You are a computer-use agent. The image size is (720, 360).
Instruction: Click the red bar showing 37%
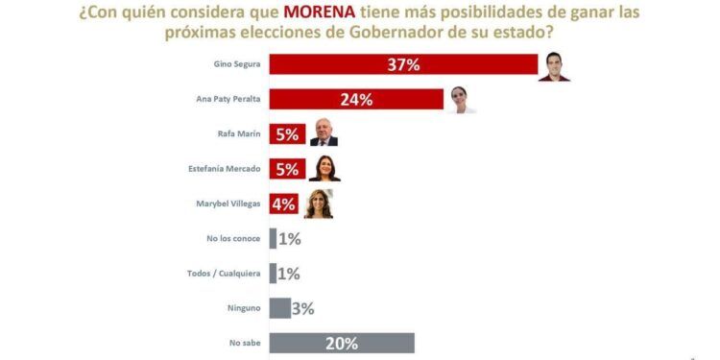403,64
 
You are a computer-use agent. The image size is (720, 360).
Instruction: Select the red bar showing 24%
356,99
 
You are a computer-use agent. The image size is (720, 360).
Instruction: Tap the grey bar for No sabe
342,344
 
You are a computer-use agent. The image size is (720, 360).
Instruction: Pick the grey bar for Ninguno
279,308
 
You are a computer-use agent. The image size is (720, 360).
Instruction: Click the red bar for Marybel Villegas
284,204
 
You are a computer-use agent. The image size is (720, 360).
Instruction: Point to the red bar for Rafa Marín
287,134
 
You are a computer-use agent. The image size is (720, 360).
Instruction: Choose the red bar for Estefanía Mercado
287,169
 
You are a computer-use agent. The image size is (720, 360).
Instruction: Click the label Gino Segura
237,64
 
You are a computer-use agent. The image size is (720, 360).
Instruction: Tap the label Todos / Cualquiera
224,274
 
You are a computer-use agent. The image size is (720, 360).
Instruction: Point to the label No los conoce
233,239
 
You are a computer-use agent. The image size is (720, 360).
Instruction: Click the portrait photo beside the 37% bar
554,66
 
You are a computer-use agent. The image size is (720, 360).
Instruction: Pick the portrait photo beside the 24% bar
461,100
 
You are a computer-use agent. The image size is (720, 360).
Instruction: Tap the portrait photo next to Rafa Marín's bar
324,132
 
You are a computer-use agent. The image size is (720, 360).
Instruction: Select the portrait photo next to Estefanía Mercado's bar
324,169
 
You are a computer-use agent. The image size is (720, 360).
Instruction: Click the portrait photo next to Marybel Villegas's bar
318,204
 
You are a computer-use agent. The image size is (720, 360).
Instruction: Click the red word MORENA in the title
320,12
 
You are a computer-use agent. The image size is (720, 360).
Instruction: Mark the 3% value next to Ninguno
303,308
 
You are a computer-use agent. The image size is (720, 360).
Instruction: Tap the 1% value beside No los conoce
289,239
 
